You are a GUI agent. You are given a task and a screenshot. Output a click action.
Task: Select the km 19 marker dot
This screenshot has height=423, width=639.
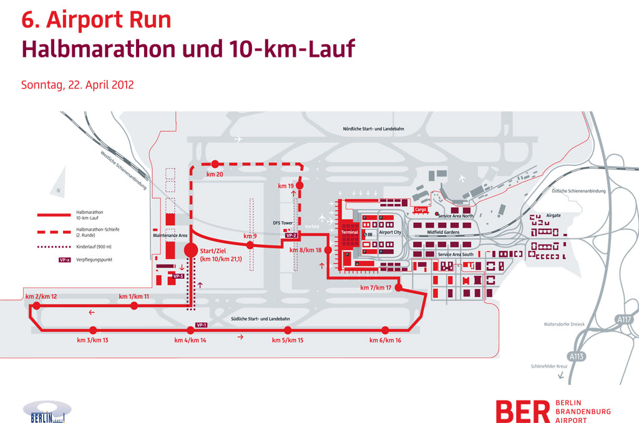coord(300,185)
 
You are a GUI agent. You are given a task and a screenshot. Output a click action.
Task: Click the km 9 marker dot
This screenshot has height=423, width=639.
coord(250,245)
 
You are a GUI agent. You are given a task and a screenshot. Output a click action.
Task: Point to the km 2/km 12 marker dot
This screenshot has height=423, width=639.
coord(37,306)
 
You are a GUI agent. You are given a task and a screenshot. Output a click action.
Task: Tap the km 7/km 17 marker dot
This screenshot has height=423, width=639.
coord(400,288)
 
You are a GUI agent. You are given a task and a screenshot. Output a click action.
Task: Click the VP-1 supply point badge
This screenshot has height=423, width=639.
coord(202,325)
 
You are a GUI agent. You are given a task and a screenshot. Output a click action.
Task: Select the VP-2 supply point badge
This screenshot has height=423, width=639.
coord(290,235)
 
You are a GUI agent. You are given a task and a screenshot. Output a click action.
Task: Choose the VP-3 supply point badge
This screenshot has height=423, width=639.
coord(178,276)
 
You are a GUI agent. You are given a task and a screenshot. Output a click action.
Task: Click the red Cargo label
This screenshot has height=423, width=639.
coord(421,210)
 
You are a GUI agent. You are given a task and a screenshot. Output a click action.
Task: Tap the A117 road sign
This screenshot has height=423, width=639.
coord(625,319)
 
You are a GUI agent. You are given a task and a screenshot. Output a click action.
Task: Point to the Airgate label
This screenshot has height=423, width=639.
coord(554,215)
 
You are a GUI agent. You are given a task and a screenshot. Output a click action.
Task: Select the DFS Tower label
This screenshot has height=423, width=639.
coord(283,223)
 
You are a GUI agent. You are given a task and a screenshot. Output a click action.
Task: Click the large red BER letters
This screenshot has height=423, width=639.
coord(522,412)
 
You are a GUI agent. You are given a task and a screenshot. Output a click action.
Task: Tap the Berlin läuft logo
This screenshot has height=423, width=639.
coord(47,412)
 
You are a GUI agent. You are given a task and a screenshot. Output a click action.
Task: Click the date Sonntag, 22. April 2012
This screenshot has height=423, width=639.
coord(77,85)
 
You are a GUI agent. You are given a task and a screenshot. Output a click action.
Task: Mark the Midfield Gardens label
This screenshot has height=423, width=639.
coord(443,231)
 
